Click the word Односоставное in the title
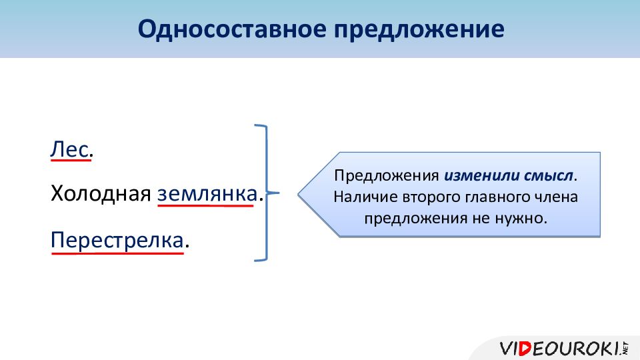click(x=232, y=29)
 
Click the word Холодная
click(x=101, y=193)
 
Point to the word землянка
click(x=207, y=194)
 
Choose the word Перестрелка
click(x=117, y=240)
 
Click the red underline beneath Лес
click(x=71, y=160)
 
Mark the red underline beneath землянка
click(x=205, y=205)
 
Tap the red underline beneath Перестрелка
click(x=117, y=253)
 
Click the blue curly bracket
click(x=267, y=193)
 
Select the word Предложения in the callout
click(x=386, y=176)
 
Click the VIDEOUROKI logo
click(x=564, y=348)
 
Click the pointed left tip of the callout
click(x=298, y=195)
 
